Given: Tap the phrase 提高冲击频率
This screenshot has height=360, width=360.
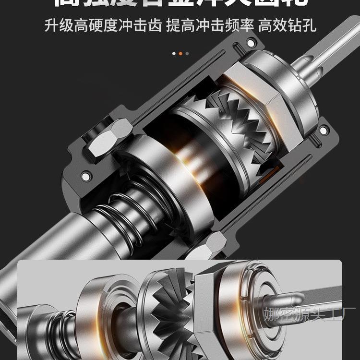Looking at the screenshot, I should [210, 25].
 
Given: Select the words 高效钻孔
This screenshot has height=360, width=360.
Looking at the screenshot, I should [287, 25].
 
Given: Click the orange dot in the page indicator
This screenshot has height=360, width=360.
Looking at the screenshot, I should [180, 53].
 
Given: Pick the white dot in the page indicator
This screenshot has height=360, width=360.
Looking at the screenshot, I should [174, 53].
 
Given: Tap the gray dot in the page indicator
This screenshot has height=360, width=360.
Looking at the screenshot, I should [187, 53].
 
